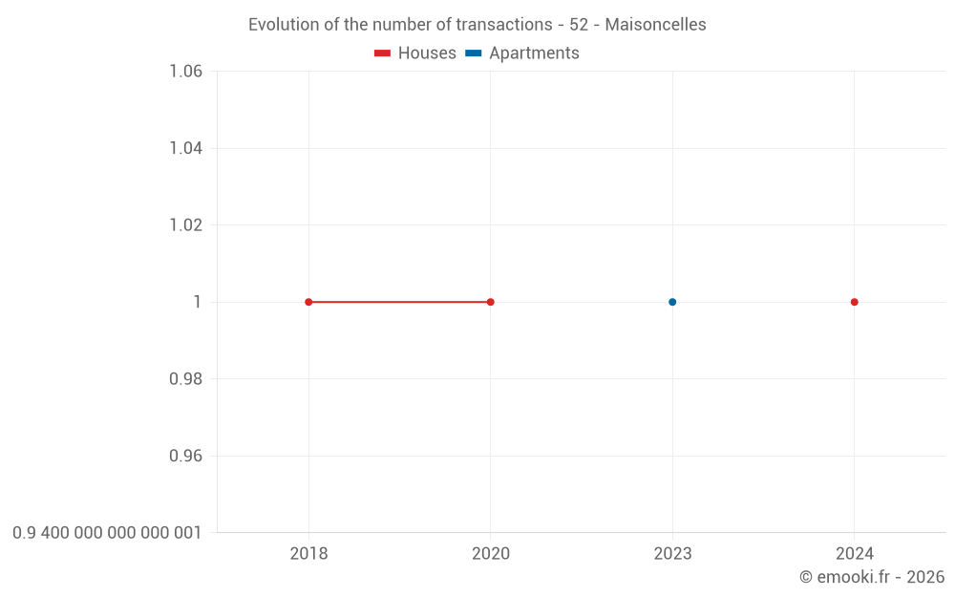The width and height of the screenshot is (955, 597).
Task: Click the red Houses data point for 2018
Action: click(x=308, y=302)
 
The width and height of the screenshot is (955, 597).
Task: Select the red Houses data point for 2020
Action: click(x=491, y=302)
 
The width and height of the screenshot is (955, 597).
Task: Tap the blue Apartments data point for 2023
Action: click(x=672, y=302)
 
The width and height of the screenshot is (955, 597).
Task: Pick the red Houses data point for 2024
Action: click(x=855, y=302)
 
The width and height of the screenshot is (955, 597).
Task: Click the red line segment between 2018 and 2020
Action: click(x=399, y=302)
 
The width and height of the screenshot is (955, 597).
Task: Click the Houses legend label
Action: click(x=427, y=53)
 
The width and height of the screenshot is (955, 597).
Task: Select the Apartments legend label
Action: click(x=534, y=53)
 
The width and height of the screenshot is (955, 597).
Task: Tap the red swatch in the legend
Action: click(x=382, y=53)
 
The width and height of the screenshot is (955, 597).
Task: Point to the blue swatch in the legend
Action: click(x=474, y=53)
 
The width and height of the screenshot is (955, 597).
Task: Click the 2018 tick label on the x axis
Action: click(x=308, y=554)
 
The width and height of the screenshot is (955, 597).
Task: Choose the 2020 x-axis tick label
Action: click(x=491, y=554)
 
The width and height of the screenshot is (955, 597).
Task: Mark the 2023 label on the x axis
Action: click(x=672, y=554)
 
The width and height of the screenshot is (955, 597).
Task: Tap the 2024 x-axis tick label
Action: click(x=855, y=554)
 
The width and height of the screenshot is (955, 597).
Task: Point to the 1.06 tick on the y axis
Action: click(x=185, y=72)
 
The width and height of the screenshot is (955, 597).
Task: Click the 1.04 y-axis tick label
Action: click(x=185, y=148)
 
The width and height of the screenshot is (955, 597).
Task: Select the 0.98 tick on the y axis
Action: click(x=185, y=379)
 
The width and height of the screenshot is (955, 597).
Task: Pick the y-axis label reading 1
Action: click(x=198, y=302)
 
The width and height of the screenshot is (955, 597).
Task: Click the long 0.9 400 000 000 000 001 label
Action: click(x=107, y=532)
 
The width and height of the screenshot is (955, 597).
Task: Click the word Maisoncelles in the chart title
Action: click(x=655, y=25)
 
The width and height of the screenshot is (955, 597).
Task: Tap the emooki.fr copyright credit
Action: click(x=872, y=577)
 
